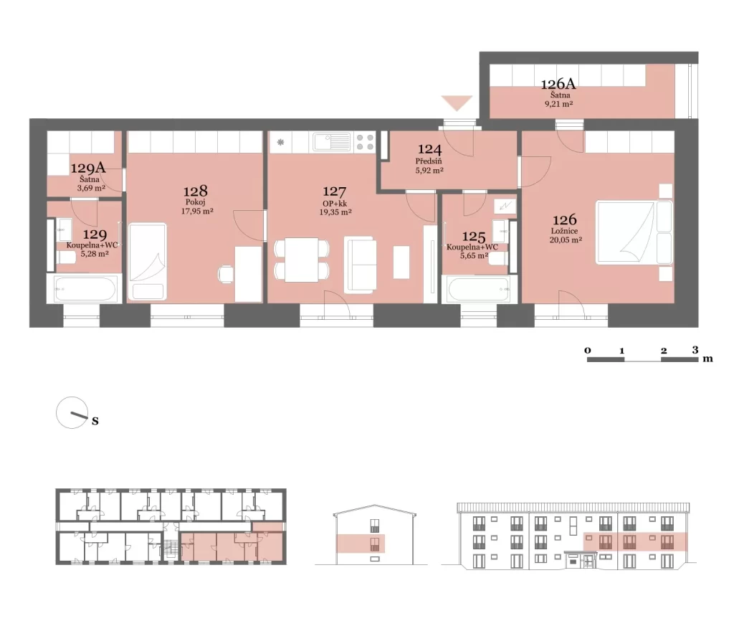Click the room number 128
click(195, 191)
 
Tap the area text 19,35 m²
click(335, 212)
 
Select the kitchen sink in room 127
click(331, 142)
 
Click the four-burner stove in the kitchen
click(365, 143)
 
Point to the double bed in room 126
click(634, 233)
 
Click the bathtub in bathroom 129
click(85, 289)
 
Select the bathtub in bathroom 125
click(479, 289)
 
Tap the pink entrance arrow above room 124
click(457, 103)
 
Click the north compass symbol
click(72, 412)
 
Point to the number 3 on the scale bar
click(695, 350)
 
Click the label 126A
click(558, 85)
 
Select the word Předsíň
click(429, 161)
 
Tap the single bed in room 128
click(148, 261)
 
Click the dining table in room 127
click(302, 260)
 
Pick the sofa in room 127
click(360, 265)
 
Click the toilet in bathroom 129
click(67, 257)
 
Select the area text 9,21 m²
click(559, 104)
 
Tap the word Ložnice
click(564, 231)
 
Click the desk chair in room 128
click(226, 275)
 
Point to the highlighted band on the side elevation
click(361, 544)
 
